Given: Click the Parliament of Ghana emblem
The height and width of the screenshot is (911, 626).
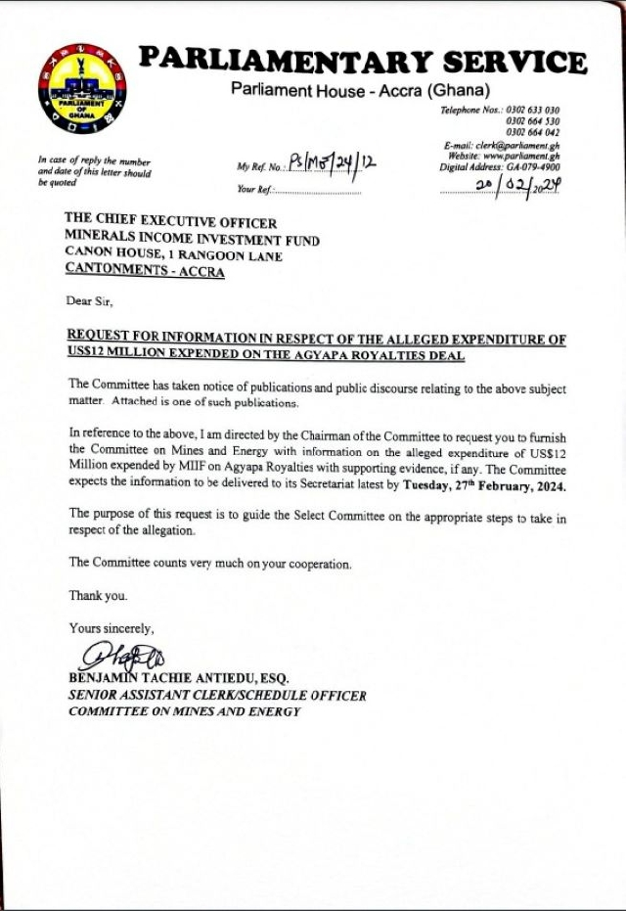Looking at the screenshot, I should click(x=81, y=90).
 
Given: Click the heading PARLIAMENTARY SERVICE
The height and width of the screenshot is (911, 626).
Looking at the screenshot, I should click(x=362, y=61).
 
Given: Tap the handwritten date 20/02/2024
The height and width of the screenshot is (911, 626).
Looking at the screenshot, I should click(x=517, y=185).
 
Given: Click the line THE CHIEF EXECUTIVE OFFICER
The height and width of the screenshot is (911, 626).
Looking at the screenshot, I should click(x=170, y=223).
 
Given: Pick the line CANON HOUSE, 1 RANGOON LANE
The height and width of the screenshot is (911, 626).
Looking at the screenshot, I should click(x=173, y=256).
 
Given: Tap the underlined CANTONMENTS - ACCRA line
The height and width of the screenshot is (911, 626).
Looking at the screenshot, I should click(x=144, y=273).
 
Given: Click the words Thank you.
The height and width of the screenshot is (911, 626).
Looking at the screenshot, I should click(x=98, y=595).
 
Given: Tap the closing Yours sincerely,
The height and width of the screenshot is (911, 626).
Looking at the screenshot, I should click(x=111, y=627).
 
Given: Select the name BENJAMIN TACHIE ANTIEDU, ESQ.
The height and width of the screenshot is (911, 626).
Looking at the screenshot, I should click(x=179, y=678).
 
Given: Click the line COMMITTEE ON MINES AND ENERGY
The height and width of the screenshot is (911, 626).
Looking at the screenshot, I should click(x=184, y=711).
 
